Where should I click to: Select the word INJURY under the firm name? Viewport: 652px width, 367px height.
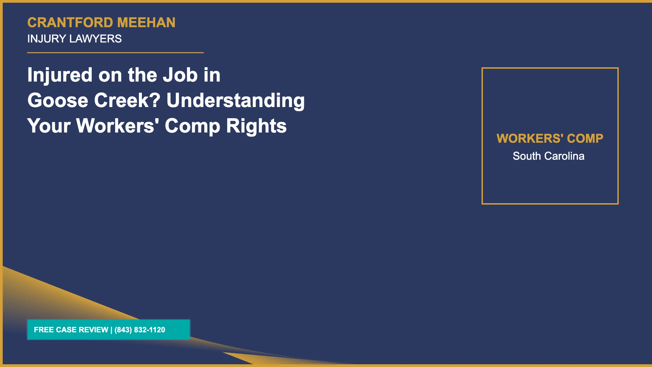(x=47, y=39)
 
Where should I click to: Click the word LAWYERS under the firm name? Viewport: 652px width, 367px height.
(x=95, y=39)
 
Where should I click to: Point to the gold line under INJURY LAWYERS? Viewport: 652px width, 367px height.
(x=115, y=53)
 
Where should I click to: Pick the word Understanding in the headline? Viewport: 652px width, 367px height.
(x=236, y=101)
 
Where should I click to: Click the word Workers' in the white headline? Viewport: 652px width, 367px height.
(x=117, y=126)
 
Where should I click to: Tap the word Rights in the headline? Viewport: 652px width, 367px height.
(x=256, y=126)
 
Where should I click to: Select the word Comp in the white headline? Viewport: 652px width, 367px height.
(x=193, y=126)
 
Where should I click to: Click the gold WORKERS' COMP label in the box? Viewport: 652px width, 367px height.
(x=550, y=138)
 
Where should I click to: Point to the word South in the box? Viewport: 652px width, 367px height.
(x=527, y=156)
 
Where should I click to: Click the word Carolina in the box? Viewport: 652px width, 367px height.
(x=564, y=156)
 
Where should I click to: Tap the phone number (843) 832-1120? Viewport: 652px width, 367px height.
(x=140, y=330)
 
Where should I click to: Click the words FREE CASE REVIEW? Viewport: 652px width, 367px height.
(x=71, y=330)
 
